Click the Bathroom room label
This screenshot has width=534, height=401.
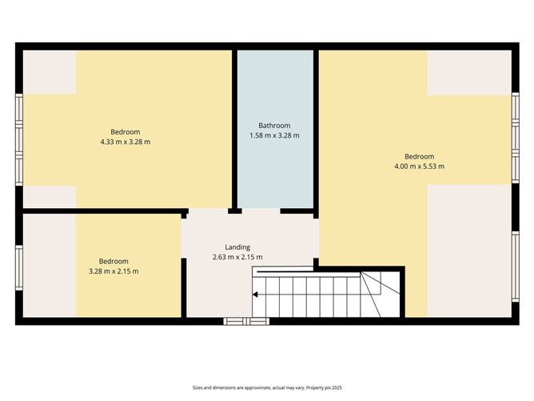(x=274, y=126)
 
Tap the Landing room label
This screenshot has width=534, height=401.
(x=237, y=247)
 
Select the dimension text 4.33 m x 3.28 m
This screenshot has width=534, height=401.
(x=126, y=142)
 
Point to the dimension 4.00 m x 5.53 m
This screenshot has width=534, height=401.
(x=419, y=166)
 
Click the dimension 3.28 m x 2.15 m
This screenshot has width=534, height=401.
(x=114, y=271)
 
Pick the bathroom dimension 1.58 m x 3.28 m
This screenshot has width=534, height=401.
(x=274, y=135)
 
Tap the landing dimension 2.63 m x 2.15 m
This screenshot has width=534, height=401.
(x=237, y=257)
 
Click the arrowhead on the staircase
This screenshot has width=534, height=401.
(x=255, y=295)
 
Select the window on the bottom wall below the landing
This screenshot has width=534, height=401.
(x=246, y=321)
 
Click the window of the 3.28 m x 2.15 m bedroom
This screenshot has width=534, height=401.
(x=19, y=267)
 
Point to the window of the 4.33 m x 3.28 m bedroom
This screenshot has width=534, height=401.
(x=19, y=140)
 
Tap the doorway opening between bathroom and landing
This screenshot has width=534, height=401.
(x=261, y=211)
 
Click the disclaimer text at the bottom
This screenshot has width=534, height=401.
(x=267, y=387)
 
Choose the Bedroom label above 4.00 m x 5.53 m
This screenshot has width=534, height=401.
(x=419, y=157)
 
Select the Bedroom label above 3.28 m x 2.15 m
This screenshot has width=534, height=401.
(x=114, y=262)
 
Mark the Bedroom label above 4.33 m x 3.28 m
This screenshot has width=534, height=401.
(x=126, y=132)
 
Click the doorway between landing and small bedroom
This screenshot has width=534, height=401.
(x=184, y=238)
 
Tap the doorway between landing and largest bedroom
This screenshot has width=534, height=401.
(x=316, y=238)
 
